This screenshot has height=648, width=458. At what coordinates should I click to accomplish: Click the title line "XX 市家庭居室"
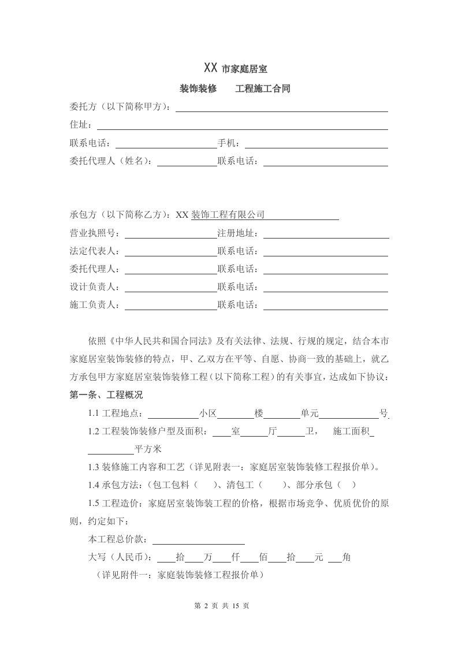pyautogui.click(x=235, y=69)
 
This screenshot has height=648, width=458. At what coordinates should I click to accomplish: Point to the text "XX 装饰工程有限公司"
pyautogui.click(x=219, y=215)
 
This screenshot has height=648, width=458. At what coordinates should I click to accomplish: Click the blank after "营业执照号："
pyautogui.click(x=170, y=233)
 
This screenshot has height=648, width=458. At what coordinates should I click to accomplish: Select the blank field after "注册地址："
pyautogui.click(x=325, y=233)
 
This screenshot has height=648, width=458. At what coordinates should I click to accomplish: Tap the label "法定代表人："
pyautogui.click(x=96, y=251)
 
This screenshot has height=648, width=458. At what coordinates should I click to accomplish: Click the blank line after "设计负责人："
pyautogui.click(x=170, y=287)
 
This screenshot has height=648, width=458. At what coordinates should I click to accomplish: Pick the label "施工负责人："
pyautogui.click(x=96, y=305)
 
